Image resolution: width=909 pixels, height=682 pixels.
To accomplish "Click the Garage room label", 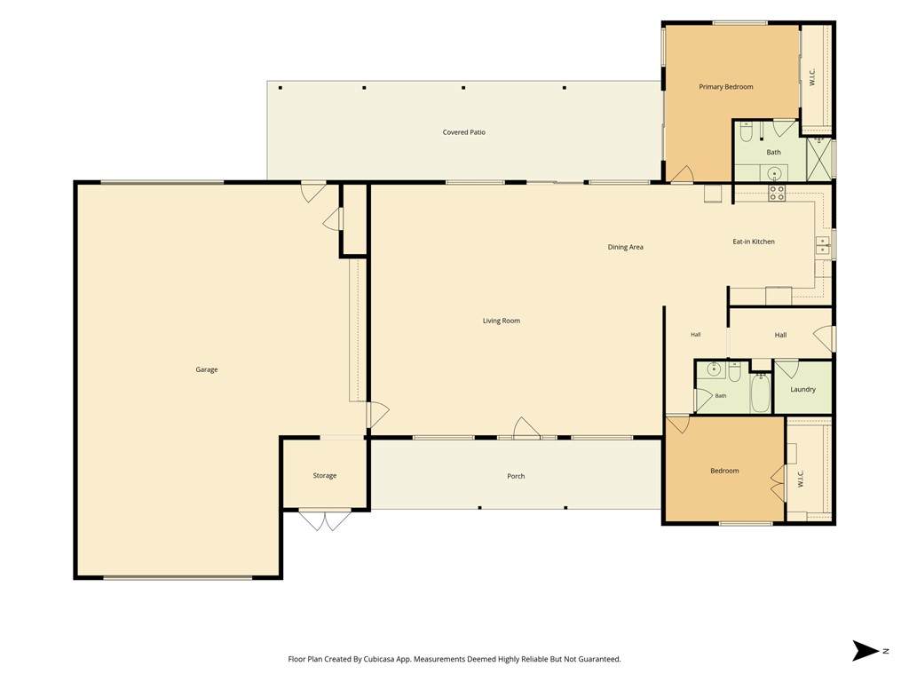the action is pos(206,369).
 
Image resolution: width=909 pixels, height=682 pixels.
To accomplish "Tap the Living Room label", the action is pos(502,321).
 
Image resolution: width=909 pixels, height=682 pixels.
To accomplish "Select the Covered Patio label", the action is pos(463,132).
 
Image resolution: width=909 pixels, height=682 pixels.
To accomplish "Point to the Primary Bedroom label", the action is pos(726,87).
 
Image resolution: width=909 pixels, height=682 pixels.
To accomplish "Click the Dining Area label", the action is pos(626,247).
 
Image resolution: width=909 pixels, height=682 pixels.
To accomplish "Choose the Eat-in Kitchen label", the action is pos(754,242).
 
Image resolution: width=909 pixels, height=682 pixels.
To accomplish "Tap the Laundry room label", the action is pos(802,389).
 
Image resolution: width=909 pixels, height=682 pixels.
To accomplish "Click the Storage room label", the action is pos(325,476).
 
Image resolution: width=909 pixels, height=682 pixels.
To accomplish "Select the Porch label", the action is pos(516,476).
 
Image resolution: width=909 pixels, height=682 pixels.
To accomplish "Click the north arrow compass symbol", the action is pos(866,651).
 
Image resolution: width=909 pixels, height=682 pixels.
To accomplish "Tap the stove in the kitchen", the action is pos(777,193).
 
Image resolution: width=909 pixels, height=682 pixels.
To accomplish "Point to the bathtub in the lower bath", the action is pos(760,393).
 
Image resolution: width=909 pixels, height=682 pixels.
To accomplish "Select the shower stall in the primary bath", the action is pos(819,158).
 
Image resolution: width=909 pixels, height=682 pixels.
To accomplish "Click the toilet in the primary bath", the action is pos(747,132).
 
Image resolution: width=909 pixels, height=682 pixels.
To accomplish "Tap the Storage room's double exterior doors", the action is pos(325,520).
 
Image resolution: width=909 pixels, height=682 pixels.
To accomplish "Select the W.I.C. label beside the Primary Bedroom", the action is pos(812,77).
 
